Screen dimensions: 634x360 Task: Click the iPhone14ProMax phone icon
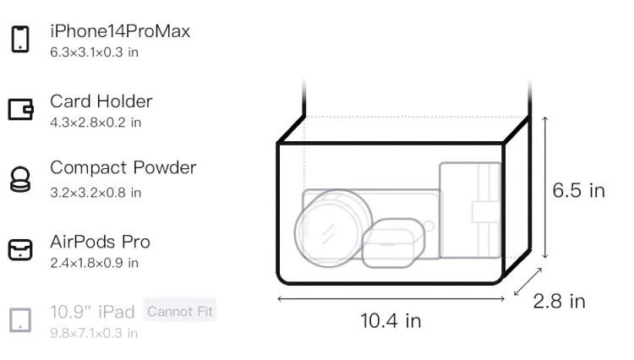coord(20,39)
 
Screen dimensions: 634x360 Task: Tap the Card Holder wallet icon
coord(20,109)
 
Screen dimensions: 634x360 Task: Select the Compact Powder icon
coord(20,179)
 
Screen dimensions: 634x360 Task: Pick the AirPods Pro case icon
coord(20,249)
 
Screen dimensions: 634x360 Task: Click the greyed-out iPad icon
coord(20,320)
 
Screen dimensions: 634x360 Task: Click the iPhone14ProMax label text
coord(120,31)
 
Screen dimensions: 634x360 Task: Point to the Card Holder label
coord(101,101)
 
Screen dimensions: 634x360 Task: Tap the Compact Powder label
coord(123,168)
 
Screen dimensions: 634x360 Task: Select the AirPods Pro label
coord(100,242)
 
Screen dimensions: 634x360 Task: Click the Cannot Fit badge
coord(180,311)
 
